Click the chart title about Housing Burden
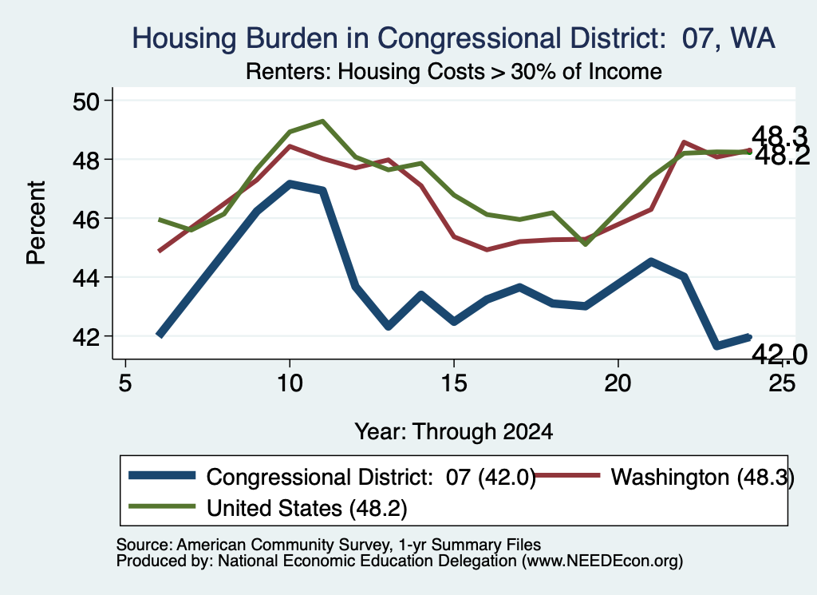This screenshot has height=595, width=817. tap(453, 38)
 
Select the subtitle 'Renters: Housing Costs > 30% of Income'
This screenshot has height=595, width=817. tap(453, 71)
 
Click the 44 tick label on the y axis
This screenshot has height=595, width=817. tap(85, 278)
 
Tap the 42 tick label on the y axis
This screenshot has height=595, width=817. tap(85, 337)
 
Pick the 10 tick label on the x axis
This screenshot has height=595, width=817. tap(289, 384)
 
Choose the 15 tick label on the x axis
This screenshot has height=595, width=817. tap(454, 384)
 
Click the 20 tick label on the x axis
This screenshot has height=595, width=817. tap(618, 384)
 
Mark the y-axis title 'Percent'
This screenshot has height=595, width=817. tap(37, 223)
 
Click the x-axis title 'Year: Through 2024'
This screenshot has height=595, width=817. tap(453, 432)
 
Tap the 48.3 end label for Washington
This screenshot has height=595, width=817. tap(779, 137)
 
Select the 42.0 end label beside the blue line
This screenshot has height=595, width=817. tap(779, 355)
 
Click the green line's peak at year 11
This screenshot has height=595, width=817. tap(322, 121)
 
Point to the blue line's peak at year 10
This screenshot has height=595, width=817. tap(290, 184)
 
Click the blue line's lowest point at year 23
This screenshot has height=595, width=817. tap(717, 345)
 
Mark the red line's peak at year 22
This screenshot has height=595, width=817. tap(684, 142)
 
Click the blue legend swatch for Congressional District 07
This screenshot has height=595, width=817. tap(162, 475)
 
